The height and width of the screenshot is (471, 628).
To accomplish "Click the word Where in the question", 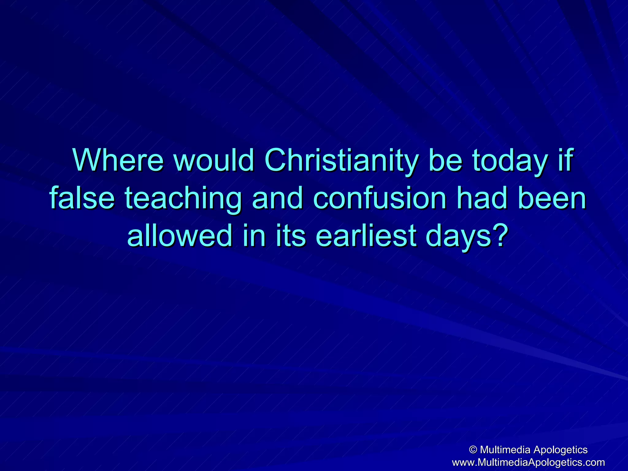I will pos(118,160).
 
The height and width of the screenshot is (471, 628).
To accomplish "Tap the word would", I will pos(214,160).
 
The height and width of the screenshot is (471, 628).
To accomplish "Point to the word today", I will pos(509,160).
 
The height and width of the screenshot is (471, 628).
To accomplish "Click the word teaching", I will pos(183,199).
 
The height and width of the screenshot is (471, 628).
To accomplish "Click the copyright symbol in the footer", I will pos(473,450).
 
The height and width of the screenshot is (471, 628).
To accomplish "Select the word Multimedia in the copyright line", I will pos(505,450).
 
